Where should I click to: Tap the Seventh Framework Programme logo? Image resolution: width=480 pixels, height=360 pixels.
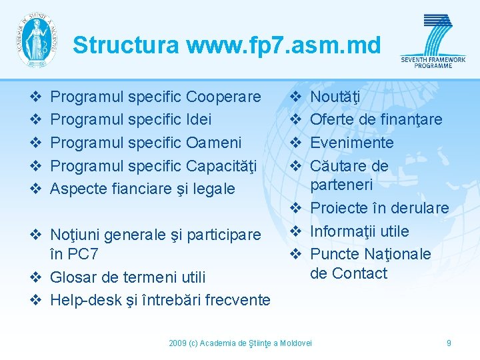(x=433, y=41)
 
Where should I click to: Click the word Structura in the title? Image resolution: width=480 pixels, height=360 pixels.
(x=126, y=45)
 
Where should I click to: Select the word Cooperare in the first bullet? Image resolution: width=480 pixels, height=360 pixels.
(x=223, y=97)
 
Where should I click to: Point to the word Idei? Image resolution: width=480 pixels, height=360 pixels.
(x=199, y=119)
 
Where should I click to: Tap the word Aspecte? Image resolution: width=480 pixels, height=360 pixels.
(x=77, y=189)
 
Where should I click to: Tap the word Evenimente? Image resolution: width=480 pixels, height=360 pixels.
(x=352, y=143)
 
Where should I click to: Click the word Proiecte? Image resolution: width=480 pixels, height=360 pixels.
(x=339, y=208)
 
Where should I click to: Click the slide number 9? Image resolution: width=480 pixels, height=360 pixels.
(x=449, y=343)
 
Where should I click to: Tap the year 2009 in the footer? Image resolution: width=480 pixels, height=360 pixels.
(x=177, y=343)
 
